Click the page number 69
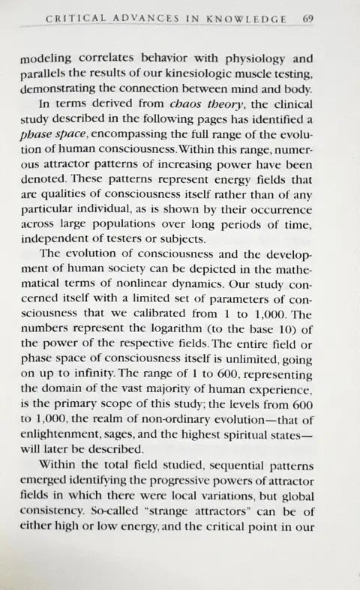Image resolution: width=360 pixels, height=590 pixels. (328, 19)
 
